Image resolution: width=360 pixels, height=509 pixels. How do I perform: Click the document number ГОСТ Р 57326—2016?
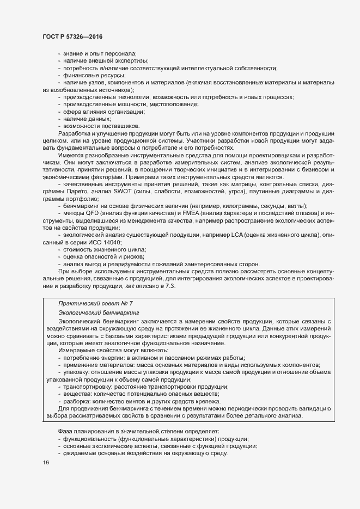(x=72, y=36)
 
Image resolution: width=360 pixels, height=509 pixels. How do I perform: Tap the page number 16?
(x=46, y=462)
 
